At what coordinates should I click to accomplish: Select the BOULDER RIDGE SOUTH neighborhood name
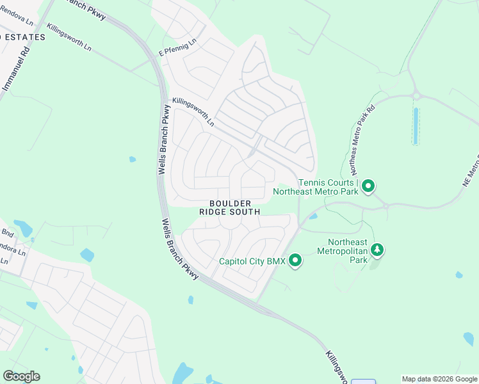(x=229, y=207)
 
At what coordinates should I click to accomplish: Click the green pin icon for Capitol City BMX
(x=295, y=260)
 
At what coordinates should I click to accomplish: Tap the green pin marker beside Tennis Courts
(x=368, y=186)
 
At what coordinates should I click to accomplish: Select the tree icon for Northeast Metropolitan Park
(x=377, y=249)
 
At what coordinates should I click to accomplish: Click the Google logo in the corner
(x=21, y=376)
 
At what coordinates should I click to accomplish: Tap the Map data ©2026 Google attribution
(x=439, y=379)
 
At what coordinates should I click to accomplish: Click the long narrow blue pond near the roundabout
(x=416, y=125)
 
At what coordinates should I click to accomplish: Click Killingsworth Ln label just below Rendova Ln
(x=69, y=38)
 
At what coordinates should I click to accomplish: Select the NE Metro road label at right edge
(x=470, y=171)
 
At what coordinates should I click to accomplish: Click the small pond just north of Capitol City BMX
(x=313, y=216)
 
